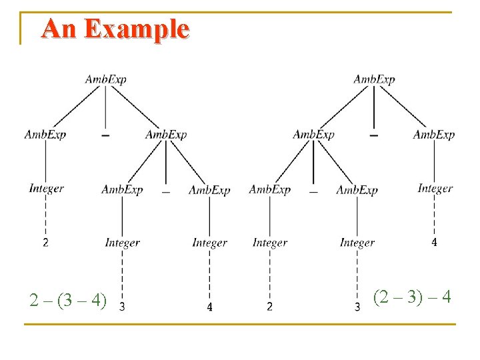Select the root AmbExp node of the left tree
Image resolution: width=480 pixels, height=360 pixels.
click(x=105, y=80)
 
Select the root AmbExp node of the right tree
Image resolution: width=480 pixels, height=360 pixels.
click(x=374, y=80)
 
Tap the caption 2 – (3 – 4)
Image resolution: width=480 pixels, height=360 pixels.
click(x=68, y=300)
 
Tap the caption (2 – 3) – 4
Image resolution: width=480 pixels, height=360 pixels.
click(x=412, y=296)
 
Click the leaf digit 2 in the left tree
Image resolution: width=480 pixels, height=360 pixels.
click(x=45, y=243)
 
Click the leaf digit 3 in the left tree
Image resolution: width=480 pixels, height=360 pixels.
click(x=122, y=307)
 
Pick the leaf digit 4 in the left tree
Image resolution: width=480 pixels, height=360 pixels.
click(x=209, y=307)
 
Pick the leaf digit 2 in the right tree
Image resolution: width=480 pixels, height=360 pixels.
click(x=269, y=307)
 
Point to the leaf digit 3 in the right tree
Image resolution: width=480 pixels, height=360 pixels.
click(x=357, y=307)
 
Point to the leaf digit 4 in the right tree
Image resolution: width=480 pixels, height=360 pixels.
click(x=434, y=243)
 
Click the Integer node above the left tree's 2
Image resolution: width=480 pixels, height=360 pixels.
click(x=46, y=189)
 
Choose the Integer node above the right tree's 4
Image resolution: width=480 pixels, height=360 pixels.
click(x=435, y=189)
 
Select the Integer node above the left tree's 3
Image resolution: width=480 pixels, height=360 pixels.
click(x=122, y=243)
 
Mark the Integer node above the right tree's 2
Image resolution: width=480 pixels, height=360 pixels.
click(x=270, y=243)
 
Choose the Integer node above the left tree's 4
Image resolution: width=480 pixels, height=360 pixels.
click(x=209, y=243)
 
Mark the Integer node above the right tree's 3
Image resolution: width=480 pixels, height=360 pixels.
click(x=357, y=243)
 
